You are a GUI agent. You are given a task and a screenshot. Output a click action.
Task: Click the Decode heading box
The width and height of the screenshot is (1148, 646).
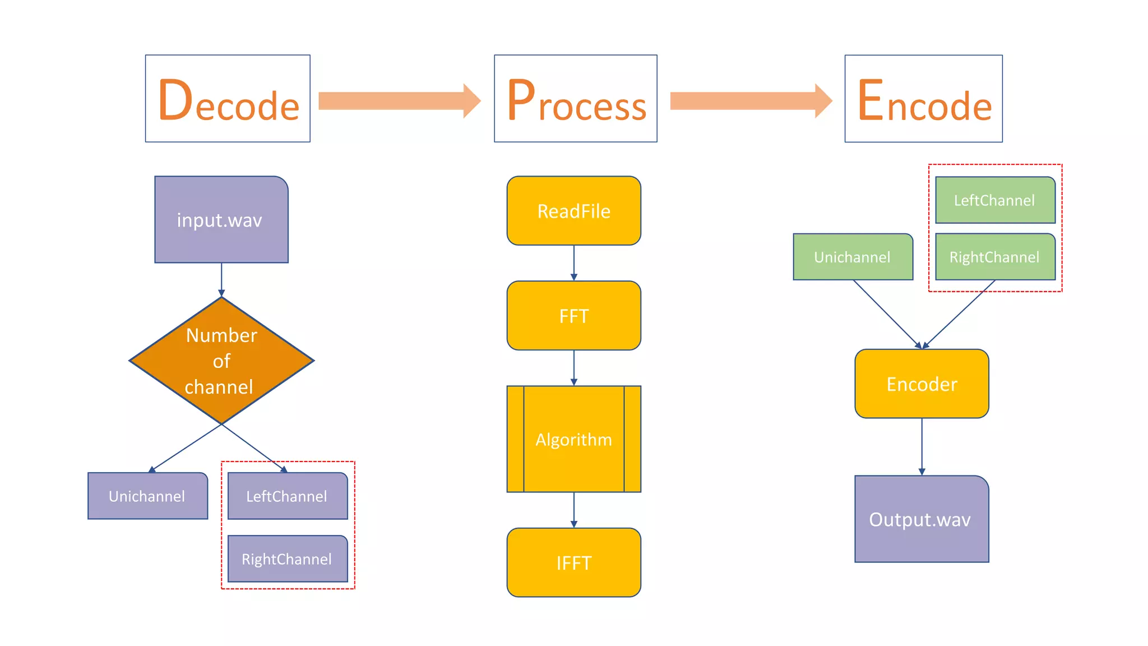pyautogui.click(x=228, y=99)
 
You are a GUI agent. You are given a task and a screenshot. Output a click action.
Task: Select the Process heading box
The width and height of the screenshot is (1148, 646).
pyautogui.click(x=575, y=99)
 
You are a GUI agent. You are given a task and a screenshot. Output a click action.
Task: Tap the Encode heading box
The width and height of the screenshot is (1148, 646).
pyautogui.click(x=923, y=99)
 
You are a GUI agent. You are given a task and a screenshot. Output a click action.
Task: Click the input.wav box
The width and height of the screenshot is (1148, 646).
pyautogui.click(x=221, y=219)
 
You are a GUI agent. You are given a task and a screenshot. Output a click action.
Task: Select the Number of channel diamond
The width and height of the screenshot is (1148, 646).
pyautogui.click(x=221, y=361)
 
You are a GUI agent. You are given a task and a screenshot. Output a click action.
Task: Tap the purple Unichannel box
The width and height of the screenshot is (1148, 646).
pyautogui.click(x=147, y=496)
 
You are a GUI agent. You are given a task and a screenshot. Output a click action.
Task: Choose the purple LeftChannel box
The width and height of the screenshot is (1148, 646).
pyautogui.click(x=288, y=496)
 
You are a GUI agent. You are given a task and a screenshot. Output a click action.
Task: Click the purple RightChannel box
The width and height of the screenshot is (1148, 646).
pyautogui.click(x=288, y=559)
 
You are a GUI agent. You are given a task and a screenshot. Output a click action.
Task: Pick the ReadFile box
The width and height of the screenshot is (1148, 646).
pyautogui.click(x=573, y=211)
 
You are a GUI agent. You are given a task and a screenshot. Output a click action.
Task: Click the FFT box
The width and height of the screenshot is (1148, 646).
pyautogui.click(x=573, y=316)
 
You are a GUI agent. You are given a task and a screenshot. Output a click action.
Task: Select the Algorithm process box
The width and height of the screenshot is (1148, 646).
pyautogui.click(x=573, y=439)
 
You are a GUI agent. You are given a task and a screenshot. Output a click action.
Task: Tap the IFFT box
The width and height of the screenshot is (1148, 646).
pyautogui.click(x=573, y=562)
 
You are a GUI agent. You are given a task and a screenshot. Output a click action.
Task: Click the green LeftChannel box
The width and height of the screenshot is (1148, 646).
pyautogui.click(x=995, y=200)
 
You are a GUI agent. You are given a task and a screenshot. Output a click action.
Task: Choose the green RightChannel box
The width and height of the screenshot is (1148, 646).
pyautogui.click(x=995, y=257)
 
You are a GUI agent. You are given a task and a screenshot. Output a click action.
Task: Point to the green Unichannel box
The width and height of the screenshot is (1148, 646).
pyautogui.click(x=853, y=257)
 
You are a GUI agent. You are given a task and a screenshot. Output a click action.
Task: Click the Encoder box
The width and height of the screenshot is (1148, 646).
pyautogui.click(x=922, y=384)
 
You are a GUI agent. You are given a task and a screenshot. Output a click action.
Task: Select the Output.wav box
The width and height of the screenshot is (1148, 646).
pyautogui.click(x=922, y=519)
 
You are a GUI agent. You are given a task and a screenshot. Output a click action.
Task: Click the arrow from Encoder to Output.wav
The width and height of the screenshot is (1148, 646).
pyautogui.click(x=922, y=446)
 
